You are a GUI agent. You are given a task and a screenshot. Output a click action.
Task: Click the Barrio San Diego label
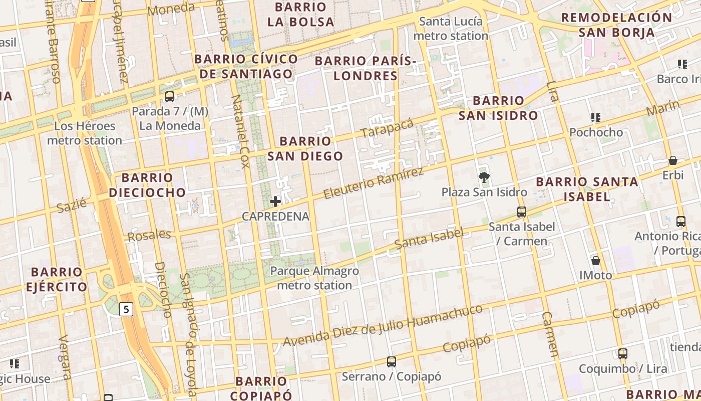[x=305, y=149]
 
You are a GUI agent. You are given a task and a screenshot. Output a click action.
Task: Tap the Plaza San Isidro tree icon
[x=484, y=176]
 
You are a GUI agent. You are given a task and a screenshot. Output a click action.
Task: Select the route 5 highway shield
[x=126, y=309]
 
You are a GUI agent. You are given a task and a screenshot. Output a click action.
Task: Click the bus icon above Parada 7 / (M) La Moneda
[x=170, y=96]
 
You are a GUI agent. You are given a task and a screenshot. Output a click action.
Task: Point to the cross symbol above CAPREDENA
[x=275, y=202]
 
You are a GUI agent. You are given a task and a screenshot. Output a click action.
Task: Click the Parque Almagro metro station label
[x=314, y=278]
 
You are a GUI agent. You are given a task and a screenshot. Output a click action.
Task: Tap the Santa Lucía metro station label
[x=451, y=29]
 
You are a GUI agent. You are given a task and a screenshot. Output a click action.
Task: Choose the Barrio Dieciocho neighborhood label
[x=147, y=185]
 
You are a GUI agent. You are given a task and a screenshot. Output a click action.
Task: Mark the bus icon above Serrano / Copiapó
[x=392, y=361]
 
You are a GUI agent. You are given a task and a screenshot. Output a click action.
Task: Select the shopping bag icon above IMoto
[x=596, y=261]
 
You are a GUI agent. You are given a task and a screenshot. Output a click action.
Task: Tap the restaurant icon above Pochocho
[x=596, y=118]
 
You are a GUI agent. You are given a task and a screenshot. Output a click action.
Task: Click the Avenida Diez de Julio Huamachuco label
[x=383, y=325]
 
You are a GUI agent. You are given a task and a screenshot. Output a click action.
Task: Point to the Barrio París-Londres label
[x=366, y=69]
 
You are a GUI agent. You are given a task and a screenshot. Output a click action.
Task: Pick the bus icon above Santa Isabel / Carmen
[x=522, y=212]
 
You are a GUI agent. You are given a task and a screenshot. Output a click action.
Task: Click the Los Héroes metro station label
[x=85, y=133]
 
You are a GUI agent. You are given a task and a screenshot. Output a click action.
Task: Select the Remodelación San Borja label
[x=616, y=25]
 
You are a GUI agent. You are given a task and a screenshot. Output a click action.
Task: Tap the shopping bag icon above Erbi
[x=673, y=160]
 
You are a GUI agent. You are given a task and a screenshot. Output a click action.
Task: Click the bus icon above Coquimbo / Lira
[x=623, y=354]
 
